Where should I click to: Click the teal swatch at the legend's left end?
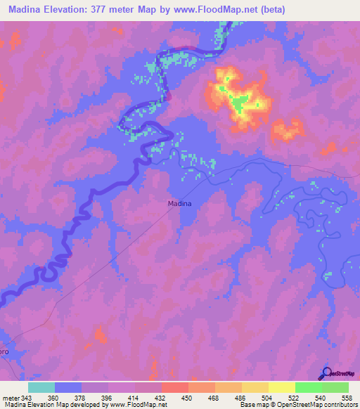41,388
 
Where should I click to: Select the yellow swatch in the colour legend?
282,388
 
